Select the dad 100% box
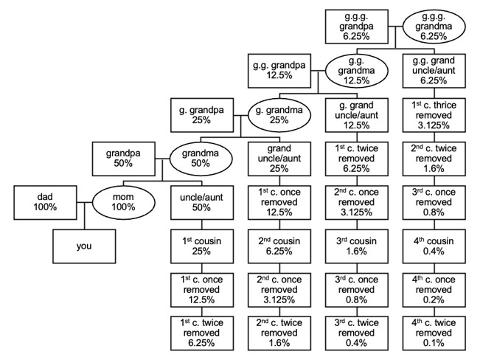[x=44, y=201]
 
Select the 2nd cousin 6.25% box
[x=279, y=246]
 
